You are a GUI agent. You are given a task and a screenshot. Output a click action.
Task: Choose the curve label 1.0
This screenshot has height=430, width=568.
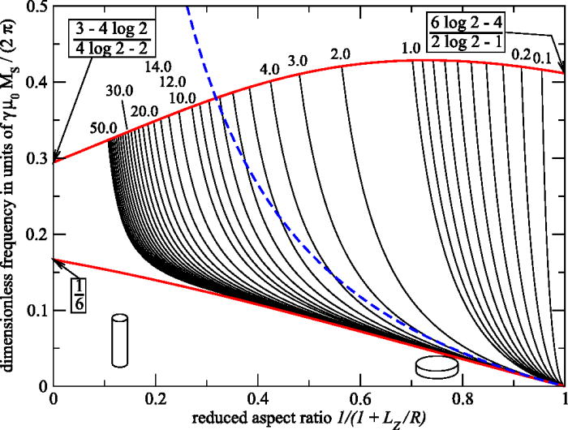pyautogui.click(x=411, y=49)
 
